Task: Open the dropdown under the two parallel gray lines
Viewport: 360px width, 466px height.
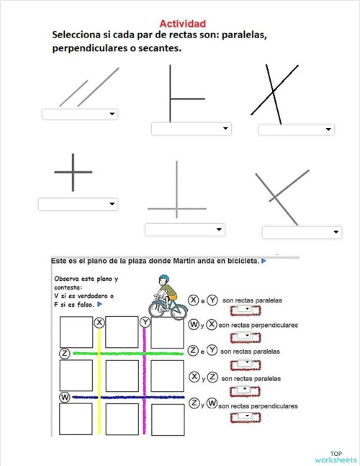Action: tap(80, 114)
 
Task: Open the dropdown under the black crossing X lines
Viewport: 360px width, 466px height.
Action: tap(296, 130)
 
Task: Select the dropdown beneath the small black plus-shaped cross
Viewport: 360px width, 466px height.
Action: tap(78, 205)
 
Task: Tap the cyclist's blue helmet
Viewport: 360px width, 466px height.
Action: tap(163, 279)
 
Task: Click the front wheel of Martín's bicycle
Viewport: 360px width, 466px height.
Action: tap(179, 310)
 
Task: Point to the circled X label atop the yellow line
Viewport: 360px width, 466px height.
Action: tap(99, 323)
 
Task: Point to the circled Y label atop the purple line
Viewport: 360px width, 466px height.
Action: tap(145, 322)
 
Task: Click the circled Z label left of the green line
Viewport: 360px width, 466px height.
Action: tap(65, 353)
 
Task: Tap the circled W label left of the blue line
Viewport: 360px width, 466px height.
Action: tap(65, 397)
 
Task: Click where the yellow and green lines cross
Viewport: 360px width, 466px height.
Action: tap(99, 353)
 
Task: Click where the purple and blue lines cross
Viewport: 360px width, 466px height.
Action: tap(145, 397)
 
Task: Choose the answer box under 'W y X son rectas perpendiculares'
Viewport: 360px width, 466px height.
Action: tap(245, 337)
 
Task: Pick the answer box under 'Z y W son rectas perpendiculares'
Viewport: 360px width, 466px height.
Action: tap(245, 418)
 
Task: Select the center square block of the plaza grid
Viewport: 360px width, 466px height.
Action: tap(122, 375)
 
